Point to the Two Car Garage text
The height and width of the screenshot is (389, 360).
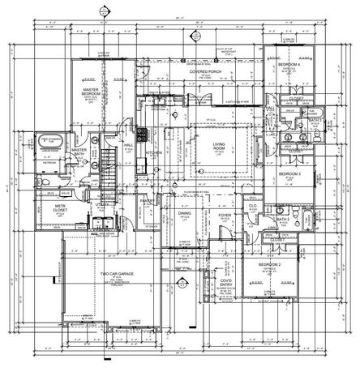(116, 274)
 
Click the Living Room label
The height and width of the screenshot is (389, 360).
(219, 147)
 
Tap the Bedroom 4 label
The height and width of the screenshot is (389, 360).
(289, 64)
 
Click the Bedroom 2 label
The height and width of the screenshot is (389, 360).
(268, 267)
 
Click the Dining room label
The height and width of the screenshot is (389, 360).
(186, 214)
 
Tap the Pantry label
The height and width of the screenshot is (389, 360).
(147, 200)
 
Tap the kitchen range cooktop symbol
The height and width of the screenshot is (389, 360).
(141, 133)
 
